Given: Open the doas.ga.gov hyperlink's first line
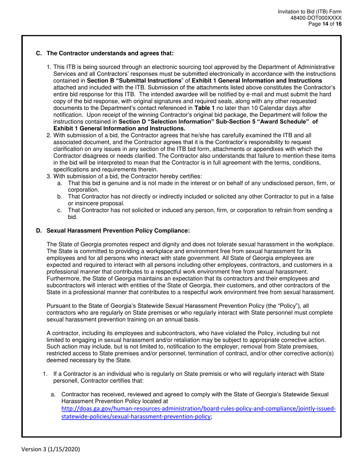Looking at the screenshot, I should (198, 408).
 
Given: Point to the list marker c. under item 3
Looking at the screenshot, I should (60, 210).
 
